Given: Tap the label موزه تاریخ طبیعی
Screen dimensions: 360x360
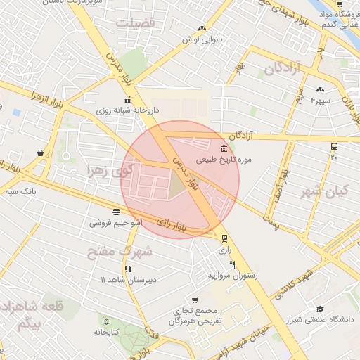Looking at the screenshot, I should (249, 160).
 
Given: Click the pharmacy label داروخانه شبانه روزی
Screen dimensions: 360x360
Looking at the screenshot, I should (127, 110).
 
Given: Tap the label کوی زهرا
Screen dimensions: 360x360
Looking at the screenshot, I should (108, 169).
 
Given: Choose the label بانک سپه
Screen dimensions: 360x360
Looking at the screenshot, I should (20, 191).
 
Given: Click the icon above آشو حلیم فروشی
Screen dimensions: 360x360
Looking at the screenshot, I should (115, 211).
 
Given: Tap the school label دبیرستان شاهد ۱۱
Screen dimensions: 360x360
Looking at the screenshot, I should (127, 280).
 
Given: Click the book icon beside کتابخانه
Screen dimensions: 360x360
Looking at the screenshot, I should (106, 321).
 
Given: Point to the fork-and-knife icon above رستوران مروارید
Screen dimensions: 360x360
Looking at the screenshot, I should (212, 264).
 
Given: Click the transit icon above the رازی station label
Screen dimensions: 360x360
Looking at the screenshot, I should (224, 238).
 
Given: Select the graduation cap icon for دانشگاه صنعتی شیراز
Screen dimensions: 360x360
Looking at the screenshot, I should (321, 309).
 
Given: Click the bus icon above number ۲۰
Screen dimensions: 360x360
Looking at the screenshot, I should (334, 146).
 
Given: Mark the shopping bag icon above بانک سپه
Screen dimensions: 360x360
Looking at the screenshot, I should (40, 152).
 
